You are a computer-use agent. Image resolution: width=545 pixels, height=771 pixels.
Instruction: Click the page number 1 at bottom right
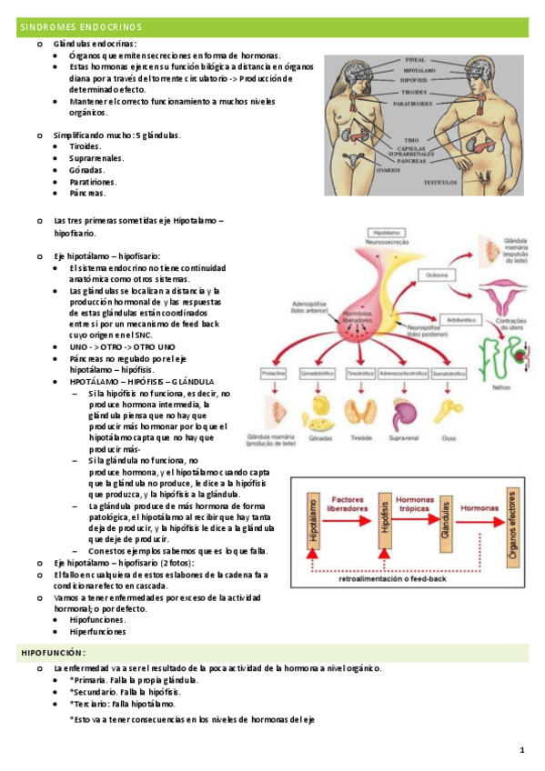522,750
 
